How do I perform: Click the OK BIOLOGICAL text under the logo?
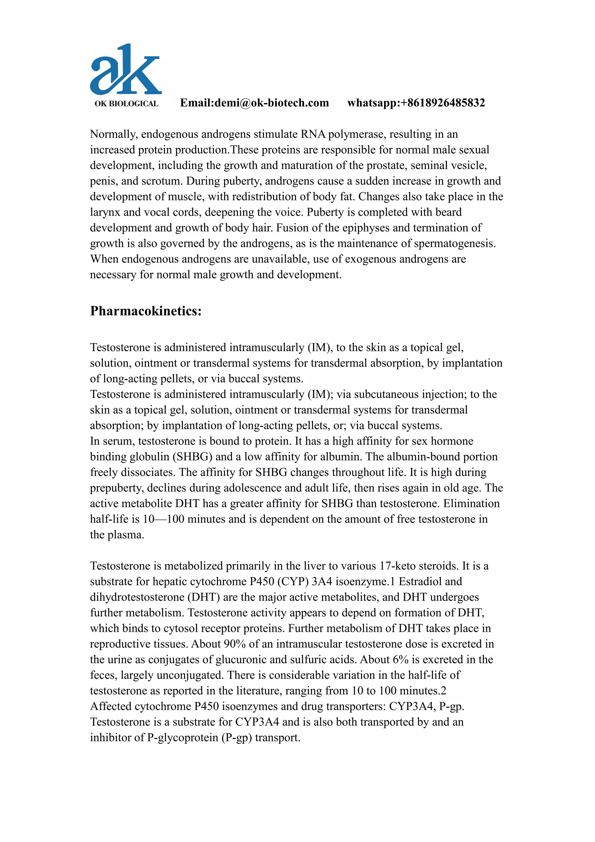(126, 104)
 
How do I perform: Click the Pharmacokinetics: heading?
(146, 311)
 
